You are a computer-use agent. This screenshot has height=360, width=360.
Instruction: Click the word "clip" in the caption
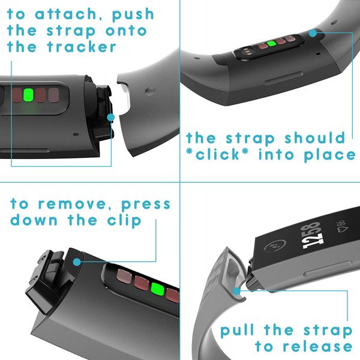click(122, 220)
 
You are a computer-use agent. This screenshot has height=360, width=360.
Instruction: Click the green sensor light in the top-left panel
click(28, 95)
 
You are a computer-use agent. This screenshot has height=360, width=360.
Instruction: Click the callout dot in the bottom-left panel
click(77, 261)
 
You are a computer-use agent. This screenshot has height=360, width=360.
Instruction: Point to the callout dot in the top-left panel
click(110, 118)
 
